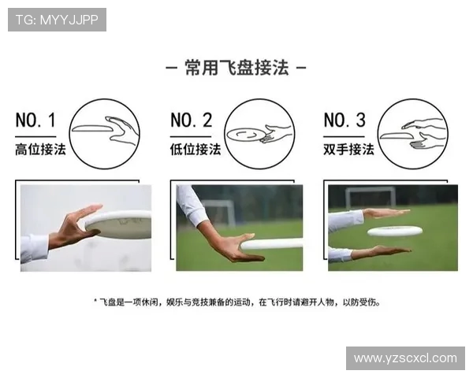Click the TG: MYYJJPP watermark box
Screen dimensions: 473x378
[x=57, y=20]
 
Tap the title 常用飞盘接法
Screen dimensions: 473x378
[x=236, y=68]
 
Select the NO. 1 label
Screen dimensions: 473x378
[x=35, y=120]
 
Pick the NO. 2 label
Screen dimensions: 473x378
[x=192, y=120]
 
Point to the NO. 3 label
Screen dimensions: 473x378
[x=345, y=120]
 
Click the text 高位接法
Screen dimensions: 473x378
[x=40, y=149]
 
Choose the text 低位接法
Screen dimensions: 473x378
[x=196, y=149]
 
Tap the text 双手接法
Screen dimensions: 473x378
[x=348, y=149]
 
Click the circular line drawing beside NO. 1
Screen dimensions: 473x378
[x=104, y=99]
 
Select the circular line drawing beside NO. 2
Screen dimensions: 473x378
[x=259, y=99]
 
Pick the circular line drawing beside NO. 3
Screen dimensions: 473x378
[x=412, y=99]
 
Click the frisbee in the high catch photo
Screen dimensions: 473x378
[x=119, y=225]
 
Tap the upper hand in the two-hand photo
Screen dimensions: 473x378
[x=387, y=213]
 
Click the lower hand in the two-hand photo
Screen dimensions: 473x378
[x=381, y=252]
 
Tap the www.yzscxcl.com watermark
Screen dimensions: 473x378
[x=405, y=358]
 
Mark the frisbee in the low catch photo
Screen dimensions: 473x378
[x=271, y=244]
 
